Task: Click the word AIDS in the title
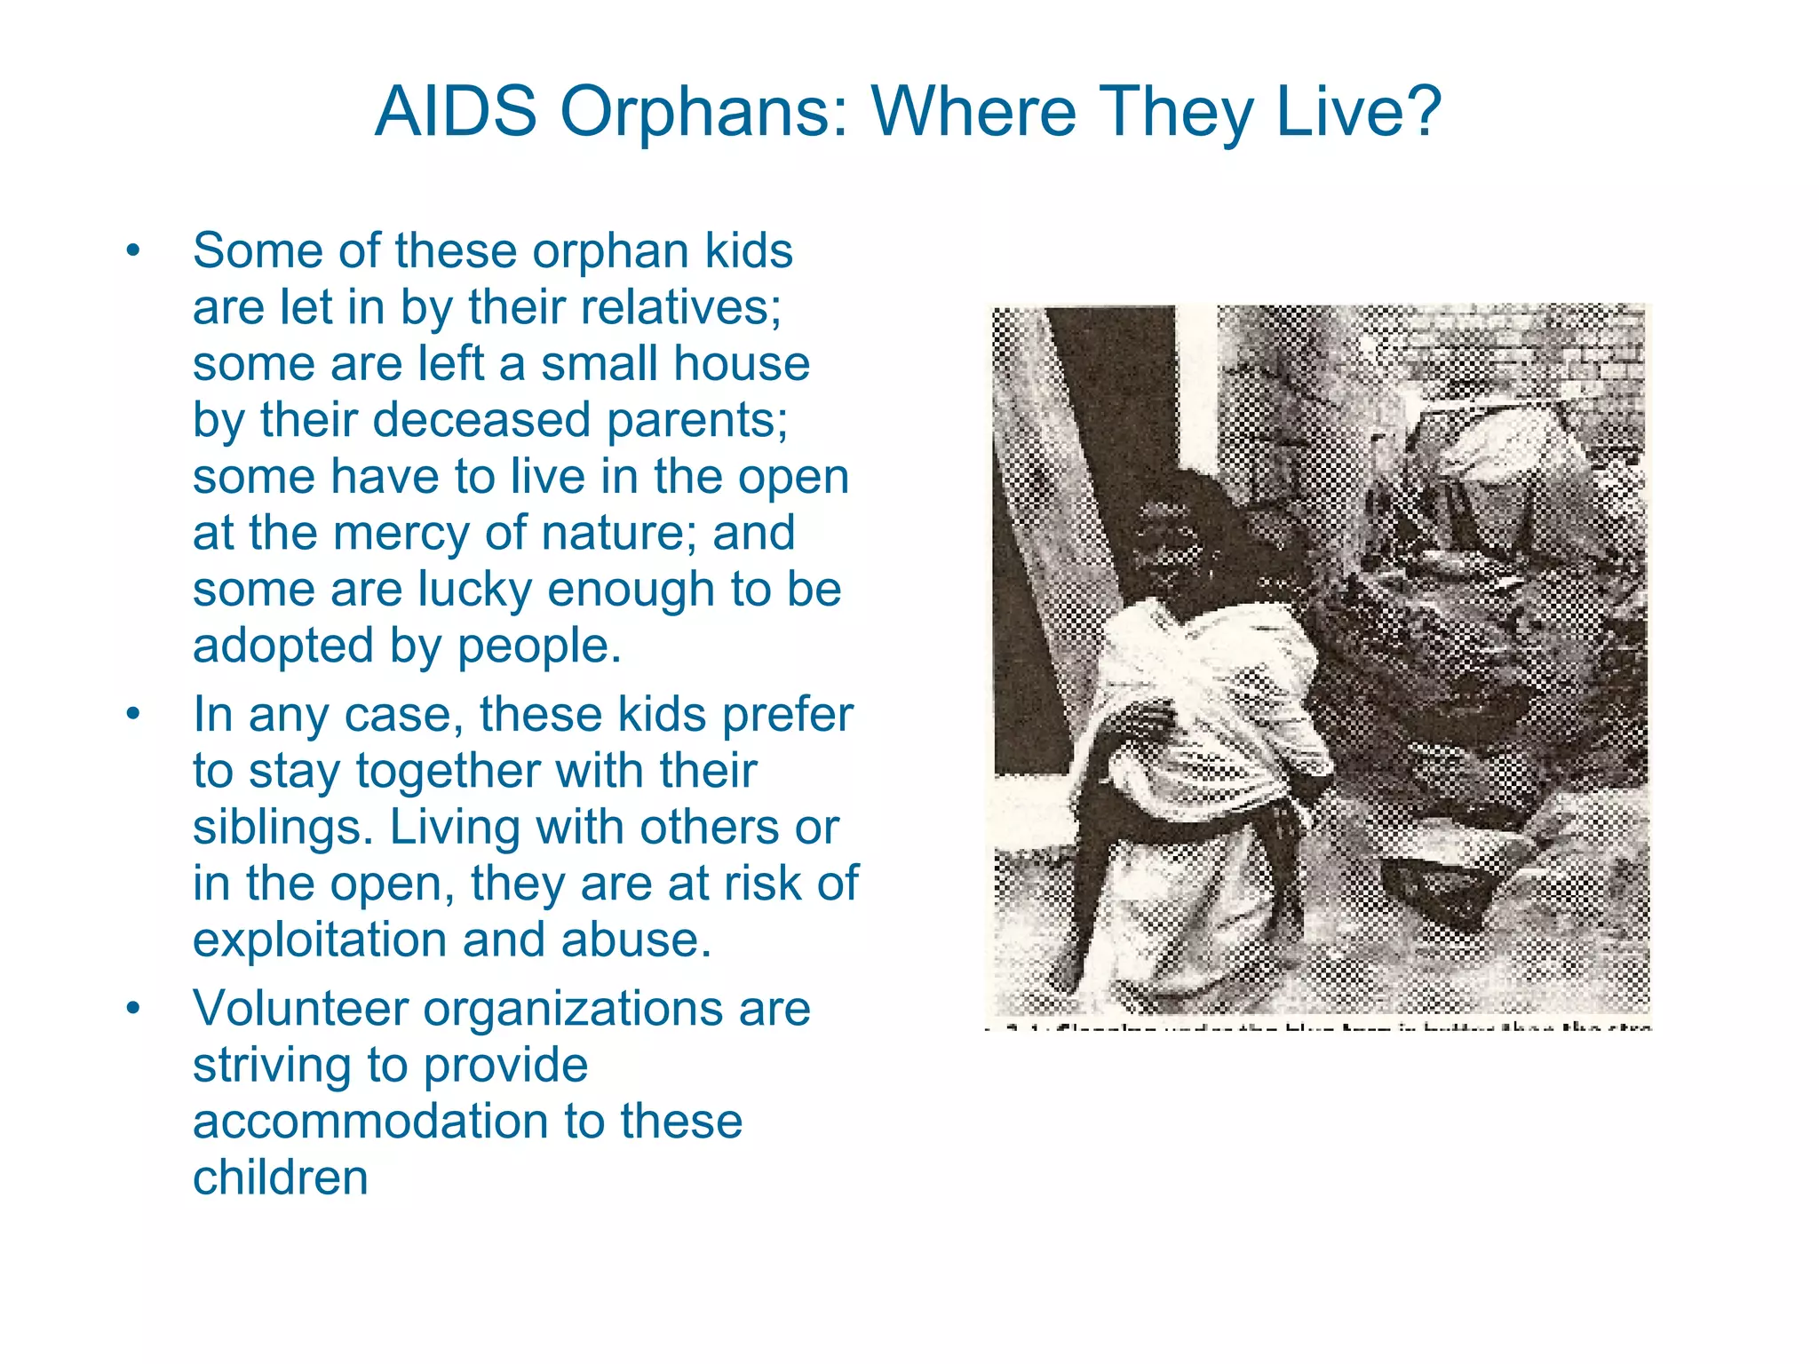[456, 112]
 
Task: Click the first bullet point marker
[133, 251]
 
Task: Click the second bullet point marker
[133, 715]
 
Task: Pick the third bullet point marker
[133, 1009]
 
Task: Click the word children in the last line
[281, 1178]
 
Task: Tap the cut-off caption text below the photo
[1319, 1027]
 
